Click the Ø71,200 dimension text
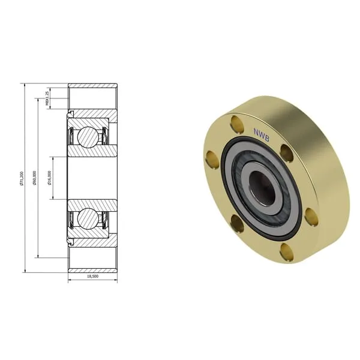point(22,178)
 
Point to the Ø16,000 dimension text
point(50,178)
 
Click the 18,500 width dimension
point(92,277)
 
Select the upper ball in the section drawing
point(89,137)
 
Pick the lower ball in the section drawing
point(89,218)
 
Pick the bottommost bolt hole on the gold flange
point(287,253)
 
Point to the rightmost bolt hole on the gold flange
point(311,216)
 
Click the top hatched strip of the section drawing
point(92,86)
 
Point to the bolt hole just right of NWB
point(287,152)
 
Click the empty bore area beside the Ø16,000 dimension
point(90,178)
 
